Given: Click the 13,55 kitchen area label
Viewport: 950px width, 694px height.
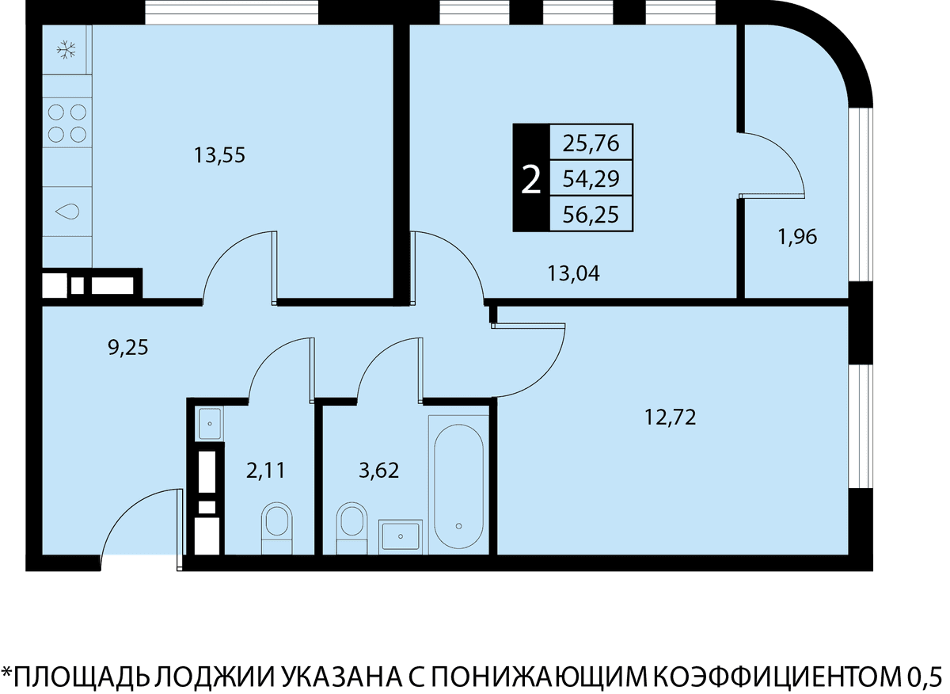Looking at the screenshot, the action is coord(219,155).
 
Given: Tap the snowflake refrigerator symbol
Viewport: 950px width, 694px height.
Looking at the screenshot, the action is coord(66,50).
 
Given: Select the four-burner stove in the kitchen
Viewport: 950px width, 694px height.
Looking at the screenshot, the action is coord(67,123).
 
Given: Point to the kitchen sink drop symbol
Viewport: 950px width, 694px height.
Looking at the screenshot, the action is coord(67,211).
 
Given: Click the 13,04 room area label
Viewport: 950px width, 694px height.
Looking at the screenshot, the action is coord(573,273).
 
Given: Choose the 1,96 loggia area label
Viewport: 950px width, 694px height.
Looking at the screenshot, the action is coord(797,237).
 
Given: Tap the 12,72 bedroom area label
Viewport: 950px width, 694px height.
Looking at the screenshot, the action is coord(670,418).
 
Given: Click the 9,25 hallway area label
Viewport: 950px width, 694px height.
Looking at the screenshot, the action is coord(128,348).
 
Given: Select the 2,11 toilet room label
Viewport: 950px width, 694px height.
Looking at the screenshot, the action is coord(265,471).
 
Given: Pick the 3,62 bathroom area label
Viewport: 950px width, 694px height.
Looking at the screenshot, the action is coord(378,471).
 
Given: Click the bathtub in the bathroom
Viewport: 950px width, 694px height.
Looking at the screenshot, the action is coord(459,486).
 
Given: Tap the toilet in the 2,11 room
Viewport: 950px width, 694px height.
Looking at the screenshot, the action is coord(277,529).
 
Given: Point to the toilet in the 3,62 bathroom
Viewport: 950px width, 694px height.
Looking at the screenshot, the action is coord(351,529).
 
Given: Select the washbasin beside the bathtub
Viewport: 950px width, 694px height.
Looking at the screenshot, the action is coord(401,536).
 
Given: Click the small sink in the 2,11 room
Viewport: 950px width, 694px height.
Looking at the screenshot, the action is coord(210,423).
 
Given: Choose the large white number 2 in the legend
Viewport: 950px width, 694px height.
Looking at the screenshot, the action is coord(530,180).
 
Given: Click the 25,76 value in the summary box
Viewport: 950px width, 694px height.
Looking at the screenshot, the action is coord(591,143).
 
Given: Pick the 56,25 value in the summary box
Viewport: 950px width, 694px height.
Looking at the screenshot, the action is coord(591,215).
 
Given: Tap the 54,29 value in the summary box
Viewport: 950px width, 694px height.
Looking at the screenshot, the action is coord(591,179).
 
